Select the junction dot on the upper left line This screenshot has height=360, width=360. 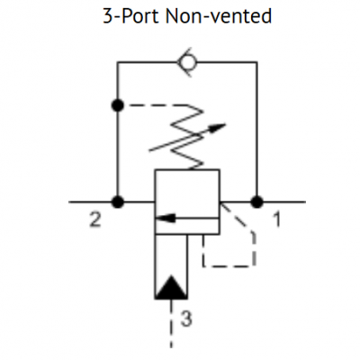(117, 106)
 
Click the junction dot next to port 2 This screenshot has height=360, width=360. (117, 202)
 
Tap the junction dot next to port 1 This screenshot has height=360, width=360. (257, 202)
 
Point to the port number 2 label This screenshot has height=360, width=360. (94, 219)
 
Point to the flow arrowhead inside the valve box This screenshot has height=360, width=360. (161, 217)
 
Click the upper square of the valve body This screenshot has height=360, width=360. (187, 191)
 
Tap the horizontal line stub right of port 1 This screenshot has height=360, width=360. (283, 202)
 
